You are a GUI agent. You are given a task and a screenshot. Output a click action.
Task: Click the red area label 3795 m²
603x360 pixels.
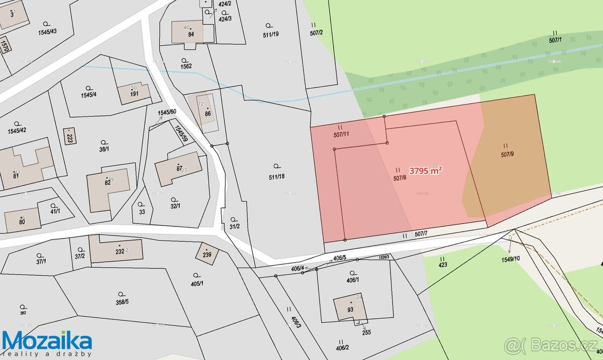click(x=426, y=170)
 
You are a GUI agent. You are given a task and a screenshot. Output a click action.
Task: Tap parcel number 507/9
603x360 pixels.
click(x=507, y=154)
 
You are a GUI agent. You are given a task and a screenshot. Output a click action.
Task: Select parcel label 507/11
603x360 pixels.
click(x=341, y=135)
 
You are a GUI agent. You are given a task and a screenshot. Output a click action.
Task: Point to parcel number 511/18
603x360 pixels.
click(x=276, y=176)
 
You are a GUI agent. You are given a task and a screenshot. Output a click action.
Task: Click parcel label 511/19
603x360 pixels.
click(x=270, y=34)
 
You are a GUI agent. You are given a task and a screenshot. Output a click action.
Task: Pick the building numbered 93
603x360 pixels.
click(x=350, y=307)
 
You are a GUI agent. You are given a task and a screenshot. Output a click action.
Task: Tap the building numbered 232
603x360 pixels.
click(x=120, y=251)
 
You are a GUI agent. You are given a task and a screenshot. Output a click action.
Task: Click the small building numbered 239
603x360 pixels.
click(x=207, y=254)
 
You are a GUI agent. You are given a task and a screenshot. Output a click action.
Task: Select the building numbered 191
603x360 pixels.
click(x=134, y=93)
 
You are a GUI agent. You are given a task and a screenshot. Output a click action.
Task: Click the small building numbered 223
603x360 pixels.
click(x=70, y=136)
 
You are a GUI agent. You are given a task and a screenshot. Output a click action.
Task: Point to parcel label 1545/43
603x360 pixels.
click(x=47, y=31)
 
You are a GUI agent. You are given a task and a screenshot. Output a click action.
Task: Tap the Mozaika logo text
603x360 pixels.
click(x=47, y=341)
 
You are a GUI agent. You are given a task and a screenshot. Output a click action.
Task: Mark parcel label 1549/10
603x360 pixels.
click(x=511, y=260)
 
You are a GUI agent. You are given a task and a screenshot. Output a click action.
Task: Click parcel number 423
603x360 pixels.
click(x=443, y=265)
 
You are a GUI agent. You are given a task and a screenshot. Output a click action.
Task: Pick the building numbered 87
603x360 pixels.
click(x=179, y=168)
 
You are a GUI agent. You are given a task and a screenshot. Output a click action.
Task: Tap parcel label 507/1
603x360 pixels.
click(x=555, y=40)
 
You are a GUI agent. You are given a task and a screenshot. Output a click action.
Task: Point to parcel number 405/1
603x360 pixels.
click(x=197, y=283)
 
